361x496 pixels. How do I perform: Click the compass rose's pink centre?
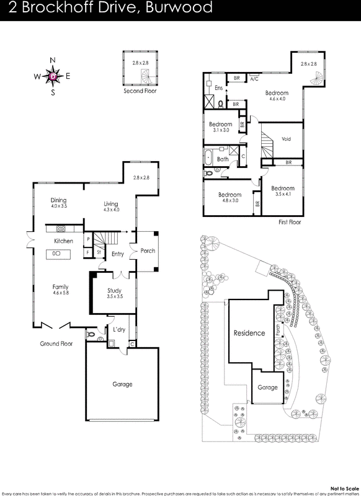coord(53,76)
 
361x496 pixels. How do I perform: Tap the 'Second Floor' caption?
coord(140,91)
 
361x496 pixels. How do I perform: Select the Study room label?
coord(114,290)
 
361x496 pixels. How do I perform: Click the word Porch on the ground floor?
coord(148,250)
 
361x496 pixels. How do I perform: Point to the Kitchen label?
coord(64,241)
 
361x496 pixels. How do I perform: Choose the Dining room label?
coord(59,200)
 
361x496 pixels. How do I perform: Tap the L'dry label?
coord(118,329)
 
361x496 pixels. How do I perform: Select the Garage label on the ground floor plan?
coord(122,384)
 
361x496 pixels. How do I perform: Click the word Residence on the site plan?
coord(249,333)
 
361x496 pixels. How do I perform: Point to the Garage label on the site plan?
coord(267,387)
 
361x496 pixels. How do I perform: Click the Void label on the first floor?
coord(286,139)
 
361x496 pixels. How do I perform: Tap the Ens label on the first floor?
coord(218,88)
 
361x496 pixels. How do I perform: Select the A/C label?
coord(254,79)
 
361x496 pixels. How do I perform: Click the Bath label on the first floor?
coord(222,159)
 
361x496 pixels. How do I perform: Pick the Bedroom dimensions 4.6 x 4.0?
coord(277,99)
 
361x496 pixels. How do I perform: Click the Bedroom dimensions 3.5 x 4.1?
coord(283,194)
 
